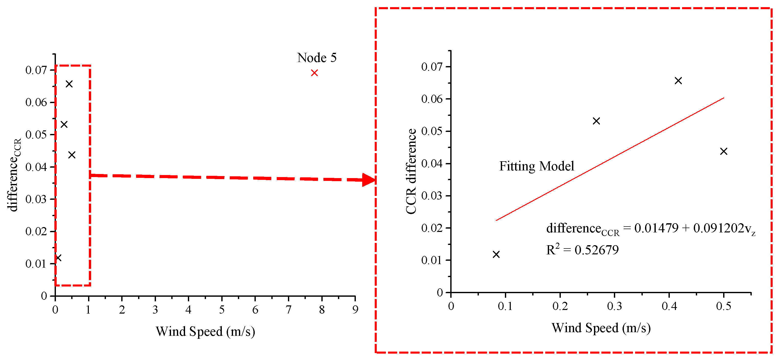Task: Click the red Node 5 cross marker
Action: click(x=314, y=73)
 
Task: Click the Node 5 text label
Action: click(x=317, y=58)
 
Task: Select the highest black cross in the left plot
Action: click(x=69, y=84)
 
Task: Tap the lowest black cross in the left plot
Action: click(x=58, y=258)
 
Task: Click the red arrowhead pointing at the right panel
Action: click(x=369, y=180)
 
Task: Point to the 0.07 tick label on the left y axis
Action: click(x=36, y=70)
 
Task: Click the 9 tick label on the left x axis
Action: click(x=355, y=310)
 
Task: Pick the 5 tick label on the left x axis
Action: click(x=222, y=310)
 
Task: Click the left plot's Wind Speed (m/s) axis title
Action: click(x=205, y=331)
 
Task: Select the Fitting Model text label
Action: click(x=537, y=166)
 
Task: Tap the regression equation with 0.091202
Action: click(x=651, y=229)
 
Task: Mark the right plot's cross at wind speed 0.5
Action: click(x=724, y=151)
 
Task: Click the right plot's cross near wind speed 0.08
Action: click(x=496, y=254)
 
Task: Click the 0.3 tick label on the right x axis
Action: click(x=614, y=306)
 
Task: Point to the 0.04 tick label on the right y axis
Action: click(x=432, y=164)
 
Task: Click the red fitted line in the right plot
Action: click(x=609, y=159)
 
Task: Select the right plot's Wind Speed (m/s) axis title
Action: click(x=601, y=328)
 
